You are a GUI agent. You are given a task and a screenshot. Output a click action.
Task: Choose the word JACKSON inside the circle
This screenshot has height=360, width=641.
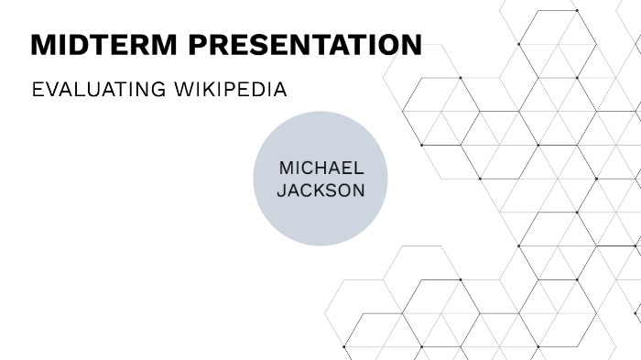click(x=321, y=191)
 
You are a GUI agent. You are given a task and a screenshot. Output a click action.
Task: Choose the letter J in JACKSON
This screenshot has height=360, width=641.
click(x=281, y=191)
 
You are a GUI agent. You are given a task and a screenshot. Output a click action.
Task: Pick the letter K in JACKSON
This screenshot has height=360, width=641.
click(x=318, y=191)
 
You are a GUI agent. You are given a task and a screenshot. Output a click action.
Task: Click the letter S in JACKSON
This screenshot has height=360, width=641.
click(x=331, y=191)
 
